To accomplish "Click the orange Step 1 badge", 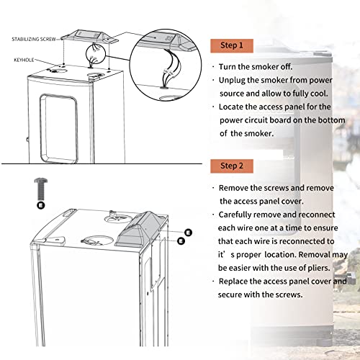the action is click(232, 45).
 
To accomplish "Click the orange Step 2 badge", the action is click(232, 166).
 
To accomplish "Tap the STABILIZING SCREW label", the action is click(34, 39).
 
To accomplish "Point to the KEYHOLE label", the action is click(24, 60).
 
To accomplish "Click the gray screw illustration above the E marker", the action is click(41, 189).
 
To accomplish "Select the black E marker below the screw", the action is click(41, 205).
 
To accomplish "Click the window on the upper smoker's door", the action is click(59, 129).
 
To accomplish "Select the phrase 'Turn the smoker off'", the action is click(256, 67).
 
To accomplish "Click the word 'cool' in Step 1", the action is click(319, 94).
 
